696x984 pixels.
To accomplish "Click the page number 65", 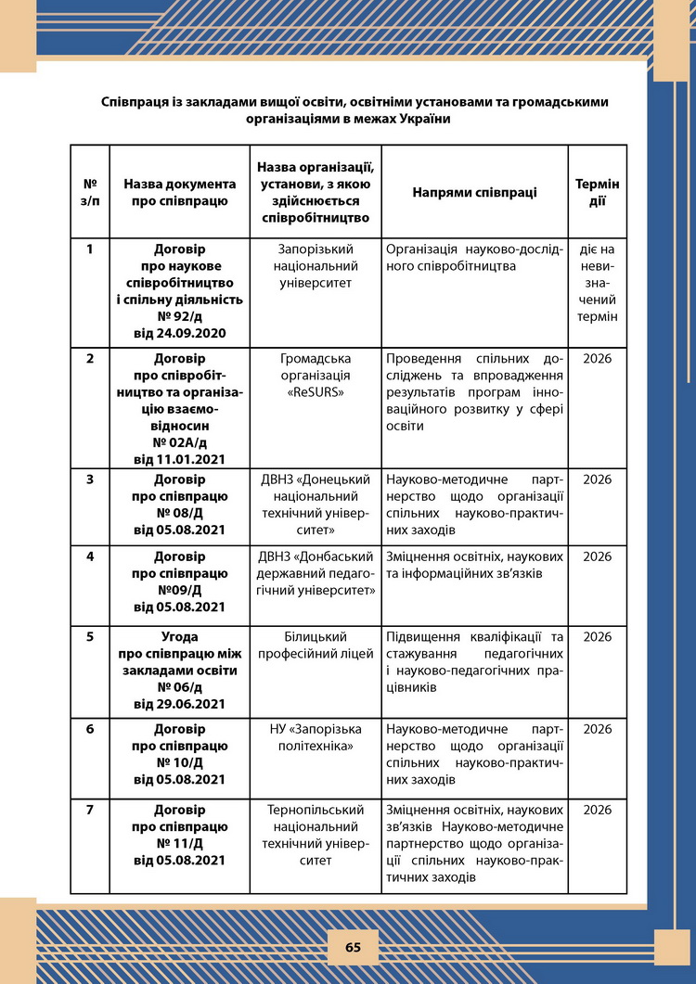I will [353, 947].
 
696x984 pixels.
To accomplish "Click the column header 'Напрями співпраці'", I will [474, 193].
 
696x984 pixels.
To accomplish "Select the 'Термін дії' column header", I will [598, 193].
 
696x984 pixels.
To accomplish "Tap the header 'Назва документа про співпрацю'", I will [180, 193].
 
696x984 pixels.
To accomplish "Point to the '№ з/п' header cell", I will [90, 193].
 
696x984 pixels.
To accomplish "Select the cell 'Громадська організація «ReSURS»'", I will [316, 375].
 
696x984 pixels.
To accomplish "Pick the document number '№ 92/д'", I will [180, 316].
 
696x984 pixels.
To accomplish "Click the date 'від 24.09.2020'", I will [180, 333].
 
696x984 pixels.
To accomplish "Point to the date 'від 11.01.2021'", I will [180, 458].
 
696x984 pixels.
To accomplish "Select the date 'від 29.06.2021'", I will [180, 704].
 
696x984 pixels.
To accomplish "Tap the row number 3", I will [90, 479].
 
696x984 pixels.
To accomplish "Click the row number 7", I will [90, 811].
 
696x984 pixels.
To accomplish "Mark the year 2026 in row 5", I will [598, 637].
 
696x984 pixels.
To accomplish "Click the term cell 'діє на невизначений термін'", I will [598, 283].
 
